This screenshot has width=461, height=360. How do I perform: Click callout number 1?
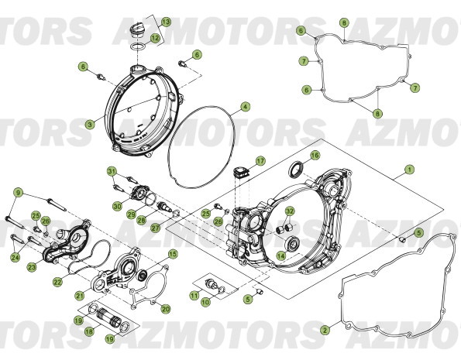409,170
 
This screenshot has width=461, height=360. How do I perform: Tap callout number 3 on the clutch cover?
90,123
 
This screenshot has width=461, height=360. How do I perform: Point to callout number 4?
245,107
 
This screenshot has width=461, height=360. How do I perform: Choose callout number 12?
156,38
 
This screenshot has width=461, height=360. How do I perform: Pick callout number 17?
261,161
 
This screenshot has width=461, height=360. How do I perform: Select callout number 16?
314,155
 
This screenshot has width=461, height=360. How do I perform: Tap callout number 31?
112,171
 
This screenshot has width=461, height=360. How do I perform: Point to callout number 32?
289,211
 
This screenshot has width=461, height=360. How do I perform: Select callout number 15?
173,253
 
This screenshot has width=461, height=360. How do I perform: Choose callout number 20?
165,309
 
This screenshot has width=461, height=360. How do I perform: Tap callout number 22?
57,283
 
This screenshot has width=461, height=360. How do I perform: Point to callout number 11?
194,296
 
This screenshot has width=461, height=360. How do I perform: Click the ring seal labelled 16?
295,170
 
